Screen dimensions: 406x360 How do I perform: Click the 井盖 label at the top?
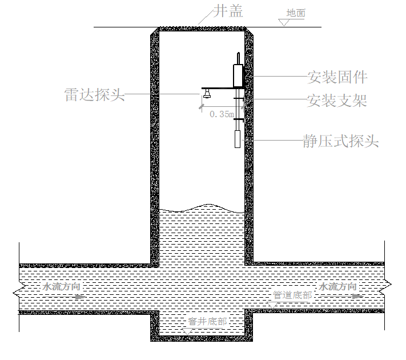tap(228, 11)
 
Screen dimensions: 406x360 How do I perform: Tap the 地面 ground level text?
tap(296, 13)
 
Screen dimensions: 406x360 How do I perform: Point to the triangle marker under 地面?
tap(284, 22)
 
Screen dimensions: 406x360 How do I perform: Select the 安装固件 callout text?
tap(337, 77)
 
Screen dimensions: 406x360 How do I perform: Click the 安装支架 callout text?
tap(337, 101)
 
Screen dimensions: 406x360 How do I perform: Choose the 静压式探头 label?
tap(341, 141)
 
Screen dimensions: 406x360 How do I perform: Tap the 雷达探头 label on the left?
tap(95, 94)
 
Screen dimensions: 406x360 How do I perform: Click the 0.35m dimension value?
tap(222, 114)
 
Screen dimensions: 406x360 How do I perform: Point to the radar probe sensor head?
tap(207, 93)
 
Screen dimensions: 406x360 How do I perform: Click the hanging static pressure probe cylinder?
tap(238, 139)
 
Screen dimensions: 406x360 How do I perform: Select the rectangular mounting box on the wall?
tap(238, 75)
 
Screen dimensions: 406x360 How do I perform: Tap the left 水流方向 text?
tap(61, 287)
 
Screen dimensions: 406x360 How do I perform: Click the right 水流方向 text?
tap(337, 287)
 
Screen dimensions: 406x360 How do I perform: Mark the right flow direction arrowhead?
tap(358, 296)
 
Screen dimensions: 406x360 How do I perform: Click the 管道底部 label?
tap(292, 295)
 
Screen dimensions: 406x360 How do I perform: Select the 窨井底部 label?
tap(207, 321)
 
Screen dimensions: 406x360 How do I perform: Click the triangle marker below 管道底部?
tap(272, 305)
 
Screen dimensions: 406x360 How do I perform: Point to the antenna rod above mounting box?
tap(239, 58)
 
